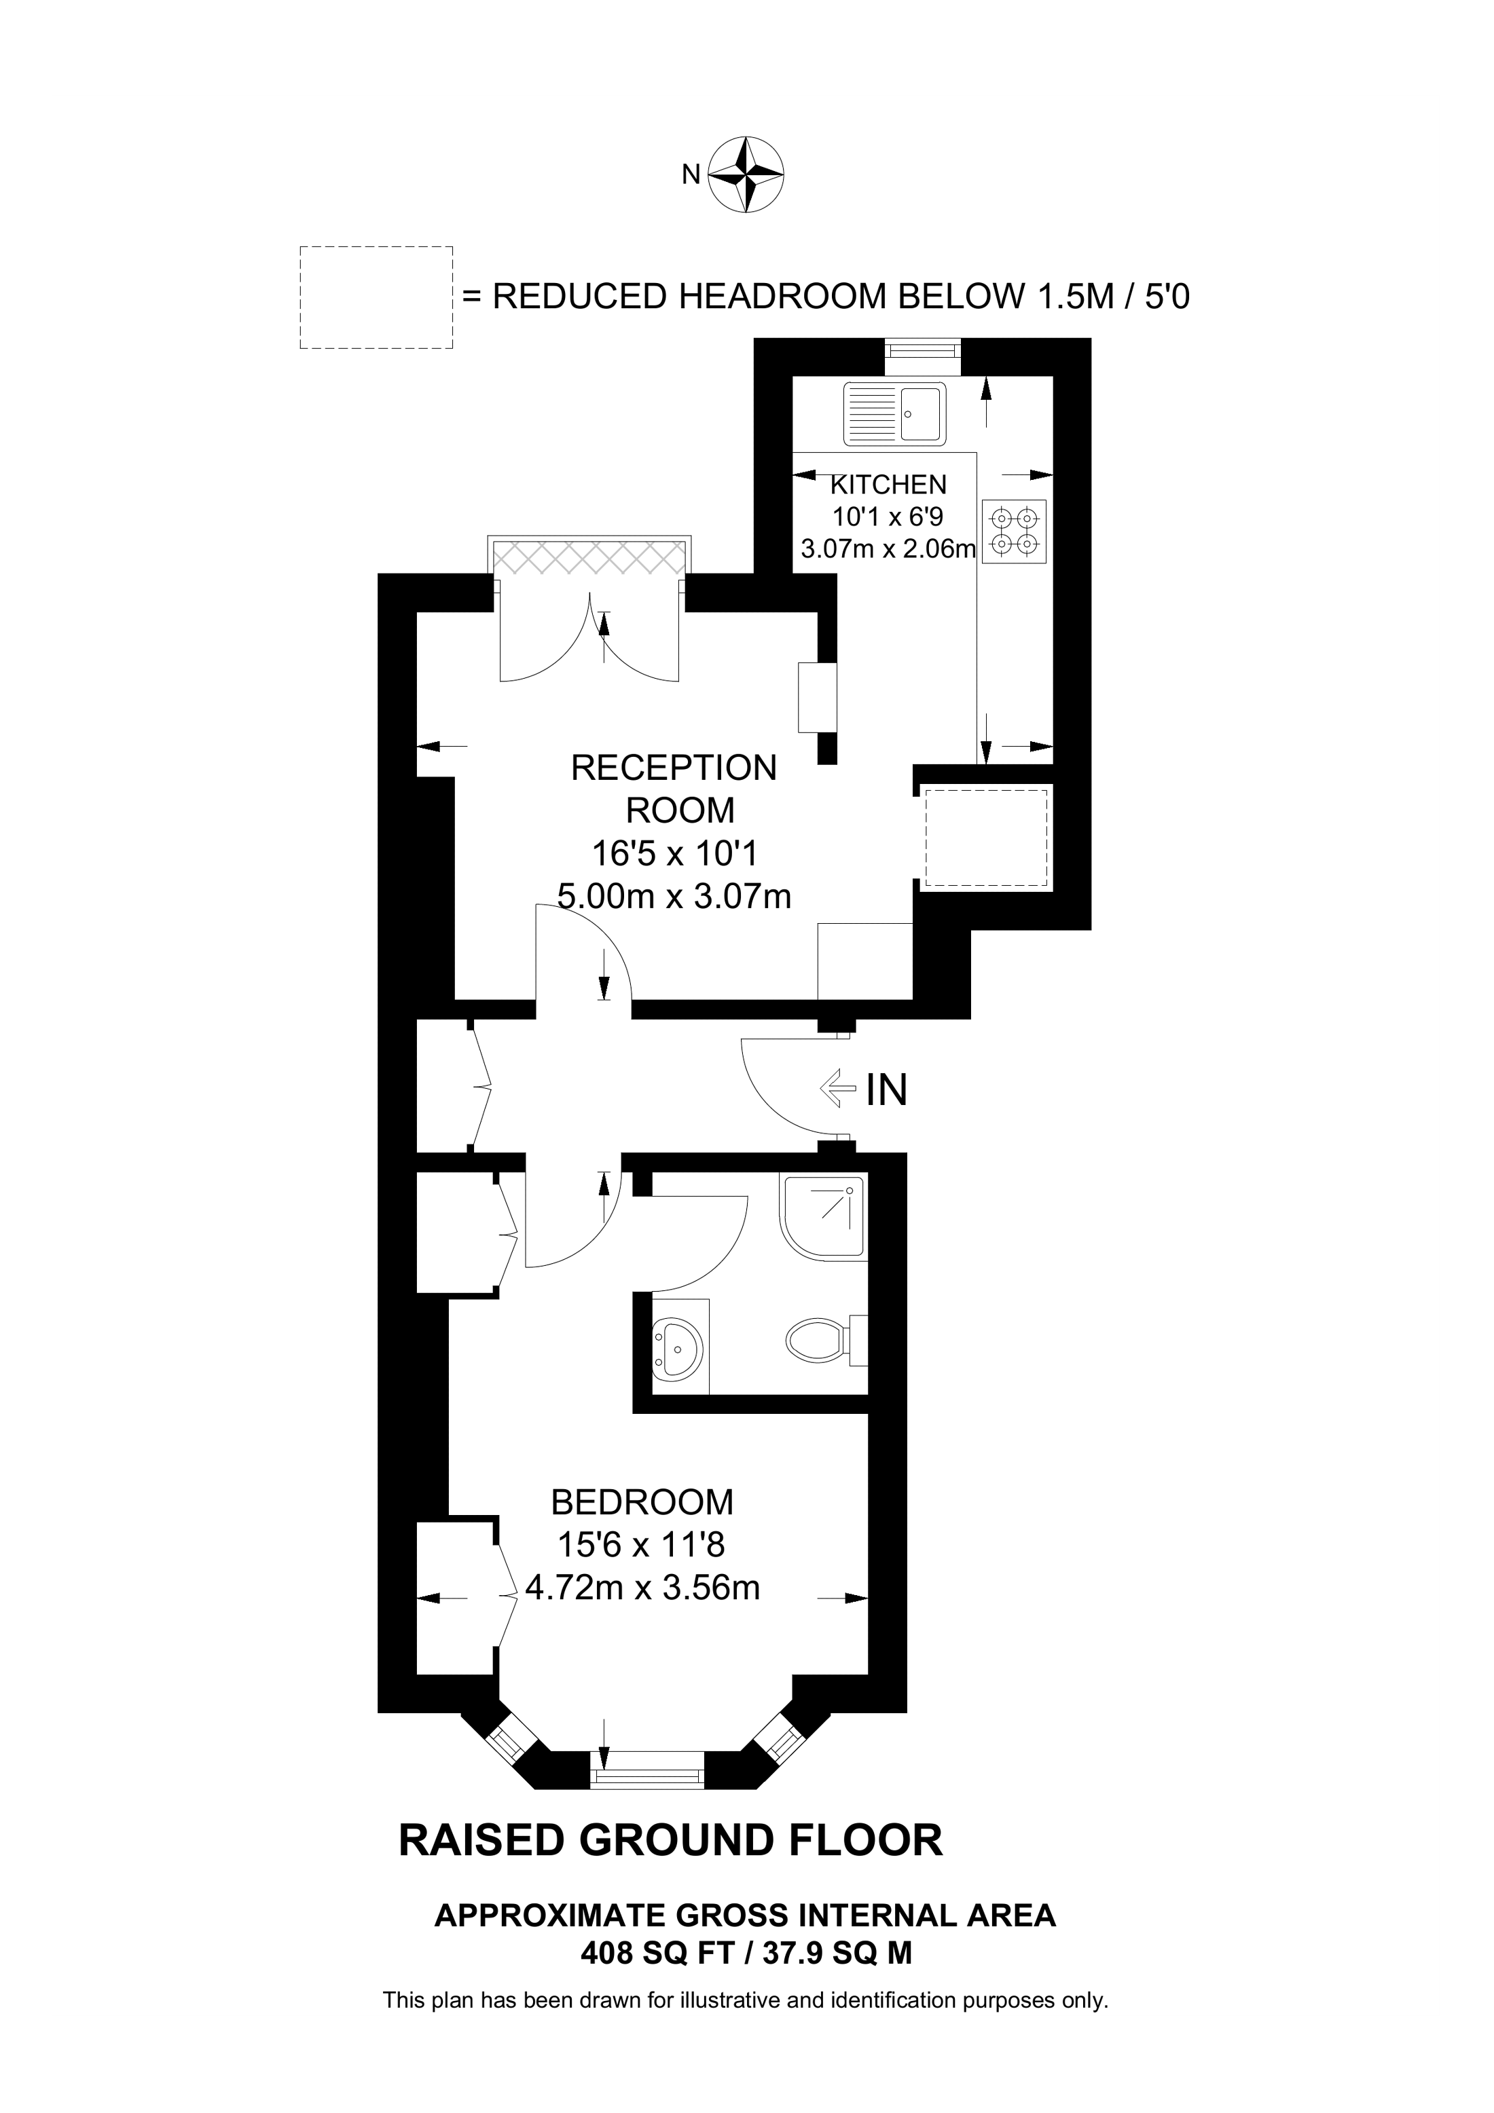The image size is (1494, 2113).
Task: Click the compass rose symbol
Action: (746, 175)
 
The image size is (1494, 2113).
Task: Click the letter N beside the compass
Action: (691, 174)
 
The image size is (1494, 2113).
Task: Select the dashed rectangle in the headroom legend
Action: (376, 297)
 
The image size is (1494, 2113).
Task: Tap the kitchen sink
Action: (894, 412)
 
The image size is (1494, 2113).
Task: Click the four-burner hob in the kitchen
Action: (1013, 531)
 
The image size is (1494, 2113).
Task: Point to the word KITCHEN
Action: (888, 484)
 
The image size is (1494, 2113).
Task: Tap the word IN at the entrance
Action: (886, 1091)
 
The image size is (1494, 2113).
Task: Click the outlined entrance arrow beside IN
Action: (837, 1089)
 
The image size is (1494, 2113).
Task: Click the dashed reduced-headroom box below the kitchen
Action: (986, 838)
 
